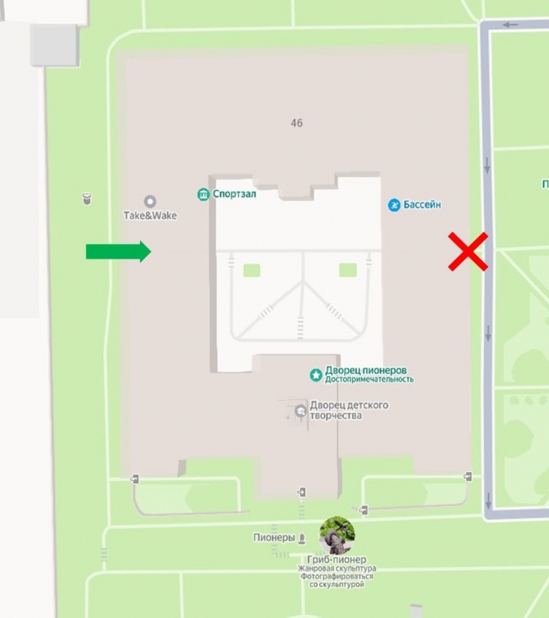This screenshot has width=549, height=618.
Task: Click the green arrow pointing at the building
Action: coord(117,251)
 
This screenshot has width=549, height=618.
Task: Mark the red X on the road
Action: coord(468,252)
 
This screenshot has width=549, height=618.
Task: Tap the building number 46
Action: coord(297,123)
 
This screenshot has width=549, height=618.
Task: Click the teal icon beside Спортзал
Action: coord(203,194)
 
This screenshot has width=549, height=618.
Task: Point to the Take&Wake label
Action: coord(150,216)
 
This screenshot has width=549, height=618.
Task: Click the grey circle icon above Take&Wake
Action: coord(150,201)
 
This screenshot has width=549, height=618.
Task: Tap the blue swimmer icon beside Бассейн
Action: coord(394,205)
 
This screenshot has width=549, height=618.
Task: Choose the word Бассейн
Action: coord(424,205)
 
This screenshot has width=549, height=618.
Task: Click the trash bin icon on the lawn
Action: coord(87,199)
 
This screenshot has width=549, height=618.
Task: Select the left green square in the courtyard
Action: coord(251,270)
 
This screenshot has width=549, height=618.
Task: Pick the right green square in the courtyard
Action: coord(347,270)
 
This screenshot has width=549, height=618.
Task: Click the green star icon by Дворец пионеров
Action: coord(315,375)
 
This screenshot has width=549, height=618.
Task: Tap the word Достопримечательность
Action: coord(369,379)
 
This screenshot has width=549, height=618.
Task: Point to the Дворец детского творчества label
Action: coord(348,410)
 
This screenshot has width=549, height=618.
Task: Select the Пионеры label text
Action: coord(274,538)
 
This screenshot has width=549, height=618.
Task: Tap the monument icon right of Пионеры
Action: coord(303,538)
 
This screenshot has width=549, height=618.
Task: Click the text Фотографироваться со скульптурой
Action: coord(337,580)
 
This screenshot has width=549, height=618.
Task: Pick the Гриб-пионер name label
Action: coord(337,559)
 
